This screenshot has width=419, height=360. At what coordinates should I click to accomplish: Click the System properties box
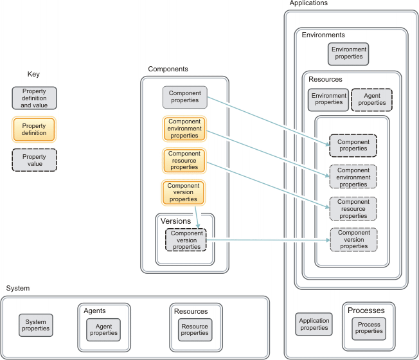tap(35, 325)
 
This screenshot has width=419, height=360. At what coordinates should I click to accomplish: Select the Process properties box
tap(369, 328)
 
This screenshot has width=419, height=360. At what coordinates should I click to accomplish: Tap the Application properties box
tap(314, 324)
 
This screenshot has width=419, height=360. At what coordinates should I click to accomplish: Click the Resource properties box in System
tap(195, 329)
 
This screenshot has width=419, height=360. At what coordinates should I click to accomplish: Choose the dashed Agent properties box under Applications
tap(371, 100)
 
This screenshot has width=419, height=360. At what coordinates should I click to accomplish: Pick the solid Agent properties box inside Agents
tap(103, 329)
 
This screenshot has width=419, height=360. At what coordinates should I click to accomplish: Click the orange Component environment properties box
tap(184, 128)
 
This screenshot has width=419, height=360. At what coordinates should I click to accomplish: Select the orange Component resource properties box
tap(184, 161)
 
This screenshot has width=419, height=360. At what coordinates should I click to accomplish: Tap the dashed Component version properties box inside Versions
tap(186, 239)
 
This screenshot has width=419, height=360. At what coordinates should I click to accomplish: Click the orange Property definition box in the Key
tap(34, 129)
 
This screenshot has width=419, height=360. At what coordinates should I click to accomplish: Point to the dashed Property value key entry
tap(34, 160)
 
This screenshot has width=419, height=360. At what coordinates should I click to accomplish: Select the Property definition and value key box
tap(34, 98)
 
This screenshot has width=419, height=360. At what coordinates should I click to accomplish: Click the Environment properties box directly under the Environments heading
tap(348, 53)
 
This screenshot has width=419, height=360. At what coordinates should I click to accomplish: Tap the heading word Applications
tap(308, 3)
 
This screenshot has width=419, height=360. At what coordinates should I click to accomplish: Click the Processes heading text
tap(366, 310)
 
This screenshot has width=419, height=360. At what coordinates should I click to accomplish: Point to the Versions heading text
tap(175, 221)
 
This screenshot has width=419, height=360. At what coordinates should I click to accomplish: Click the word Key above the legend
tap(33, 75)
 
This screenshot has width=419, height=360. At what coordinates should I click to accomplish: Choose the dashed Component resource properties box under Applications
tap(353, 208)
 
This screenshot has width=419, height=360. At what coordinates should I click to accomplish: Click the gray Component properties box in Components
tap(184, 97)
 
